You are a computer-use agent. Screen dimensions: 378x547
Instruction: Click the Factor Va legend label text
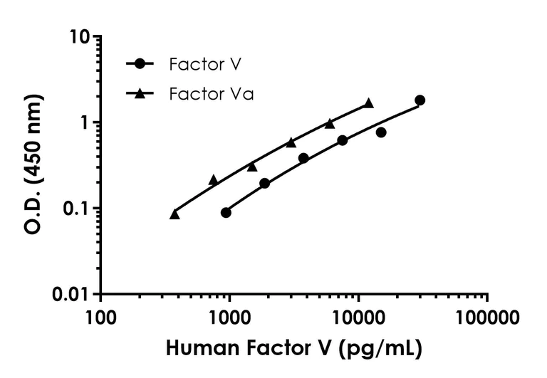tap(212, 94)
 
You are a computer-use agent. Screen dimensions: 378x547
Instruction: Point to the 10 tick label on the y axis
tap(82, 36)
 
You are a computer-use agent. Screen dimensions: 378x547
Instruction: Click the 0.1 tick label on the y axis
tap(78, 208)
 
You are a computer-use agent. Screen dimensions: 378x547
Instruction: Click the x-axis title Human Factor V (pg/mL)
tap(293, 350)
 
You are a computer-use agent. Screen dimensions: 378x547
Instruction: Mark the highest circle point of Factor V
tap(420, 100)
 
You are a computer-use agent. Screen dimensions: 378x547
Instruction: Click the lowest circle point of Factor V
tap(226, 212)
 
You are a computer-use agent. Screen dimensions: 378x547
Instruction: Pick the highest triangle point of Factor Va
tap(368, 103)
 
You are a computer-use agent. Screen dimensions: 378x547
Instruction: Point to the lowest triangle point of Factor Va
tap(174, 214)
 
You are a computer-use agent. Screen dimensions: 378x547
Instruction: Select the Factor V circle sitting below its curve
tap(381, 132)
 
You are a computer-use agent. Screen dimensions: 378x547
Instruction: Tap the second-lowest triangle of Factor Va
tap(213, 180)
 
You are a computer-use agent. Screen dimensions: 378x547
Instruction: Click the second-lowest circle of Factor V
tap(264, 183)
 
